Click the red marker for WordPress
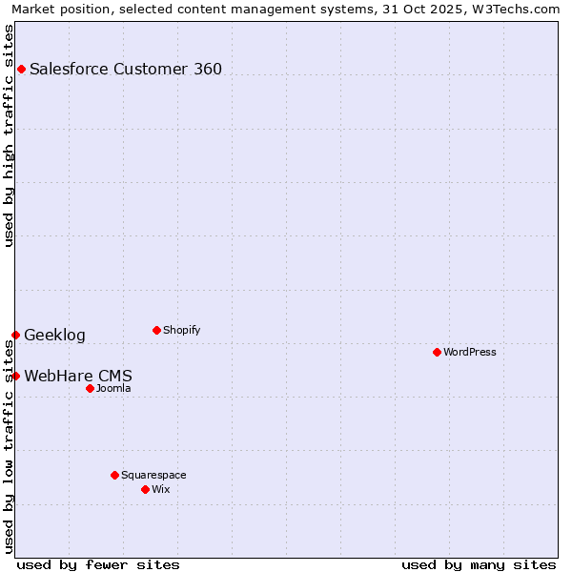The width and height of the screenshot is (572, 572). tap(437, 352)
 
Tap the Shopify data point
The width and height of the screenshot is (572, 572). tap(156, 330)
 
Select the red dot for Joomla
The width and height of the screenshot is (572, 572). tap(90, 388)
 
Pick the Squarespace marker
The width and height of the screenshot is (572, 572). tap(114, 475)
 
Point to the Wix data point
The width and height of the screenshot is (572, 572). tap(145, 489)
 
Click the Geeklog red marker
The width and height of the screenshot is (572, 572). tap(15, 335)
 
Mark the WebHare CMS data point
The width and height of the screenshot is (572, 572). tap(15, 376)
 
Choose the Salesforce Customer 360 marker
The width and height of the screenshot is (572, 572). tap(21, 69)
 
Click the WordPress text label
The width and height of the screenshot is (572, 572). tap(470, 352)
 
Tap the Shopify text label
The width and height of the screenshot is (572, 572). tap(182, 330)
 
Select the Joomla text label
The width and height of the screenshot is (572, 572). tap(113, 388)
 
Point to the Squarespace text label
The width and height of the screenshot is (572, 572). tap(153, 475)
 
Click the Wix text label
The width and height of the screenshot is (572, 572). tap(161, 489)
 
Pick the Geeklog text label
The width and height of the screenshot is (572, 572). tap(54, 335)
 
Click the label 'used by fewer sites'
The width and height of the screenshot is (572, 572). tap(98, 564)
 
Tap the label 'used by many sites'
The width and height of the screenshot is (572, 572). tap(479, 564)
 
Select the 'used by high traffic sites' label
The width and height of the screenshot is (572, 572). tap(10, 135)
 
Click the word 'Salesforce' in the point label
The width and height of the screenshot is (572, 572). tap(67, 69)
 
